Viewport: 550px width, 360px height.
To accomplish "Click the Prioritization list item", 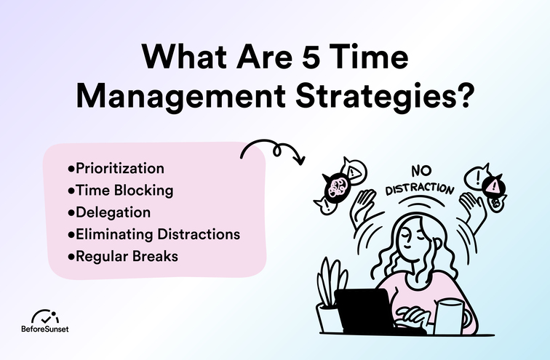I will pos(119,169).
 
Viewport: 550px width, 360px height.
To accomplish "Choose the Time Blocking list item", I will pos(123,191).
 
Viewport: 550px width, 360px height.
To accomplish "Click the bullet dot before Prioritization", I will pos(71,169).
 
